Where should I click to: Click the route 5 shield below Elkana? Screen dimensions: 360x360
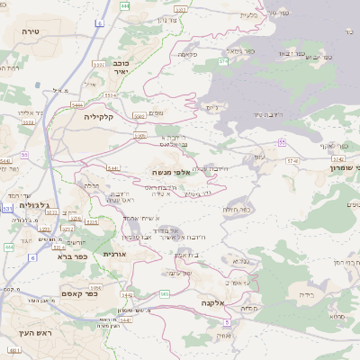point(228,322)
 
